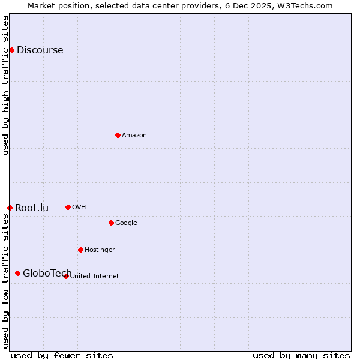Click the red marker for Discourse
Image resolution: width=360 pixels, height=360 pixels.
(x=11, y=50)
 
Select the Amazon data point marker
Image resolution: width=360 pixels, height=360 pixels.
(x=118, y=135)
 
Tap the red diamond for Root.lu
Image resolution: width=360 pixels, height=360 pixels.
(x=10, y=208)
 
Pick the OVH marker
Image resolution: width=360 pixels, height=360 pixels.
(x=68, y=207)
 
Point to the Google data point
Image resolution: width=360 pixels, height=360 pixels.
(x=111, y=223)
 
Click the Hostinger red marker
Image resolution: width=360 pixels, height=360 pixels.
(x=80, y=250)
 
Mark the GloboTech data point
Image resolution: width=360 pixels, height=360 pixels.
(x=17, y=273)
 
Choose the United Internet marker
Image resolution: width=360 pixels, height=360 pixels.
(x=66, y=276)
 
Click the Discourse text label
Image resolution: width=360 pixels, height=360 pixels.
(x=40, y=50)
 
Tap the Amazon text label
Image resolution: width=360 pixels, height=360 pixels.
(x=134, y=135)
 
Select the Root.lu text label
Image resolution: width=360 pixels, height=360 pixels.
(x=32, y=208)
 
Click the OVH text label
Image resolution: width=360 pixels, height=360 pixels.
(x=79, y=207)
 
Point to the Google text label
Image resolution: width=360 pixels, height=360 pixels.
(x=126, y=223)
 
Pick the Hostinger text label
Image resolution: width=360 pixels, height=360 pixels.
(x=100, y=250)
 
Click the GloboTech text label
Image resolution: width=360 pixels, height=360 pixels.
(x=47, y=273)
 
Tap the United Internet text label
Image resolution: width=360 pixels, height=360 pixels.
(x=94, y=276)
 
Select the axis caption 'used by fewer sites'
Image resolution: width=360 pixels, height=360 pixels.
(x=62, y=355)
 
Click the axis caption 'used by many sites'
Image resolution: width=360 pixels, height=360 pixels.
(x=301, y=355)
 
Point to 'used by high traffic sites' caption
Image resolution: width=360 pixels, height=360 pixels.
(x=5, y=85)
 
